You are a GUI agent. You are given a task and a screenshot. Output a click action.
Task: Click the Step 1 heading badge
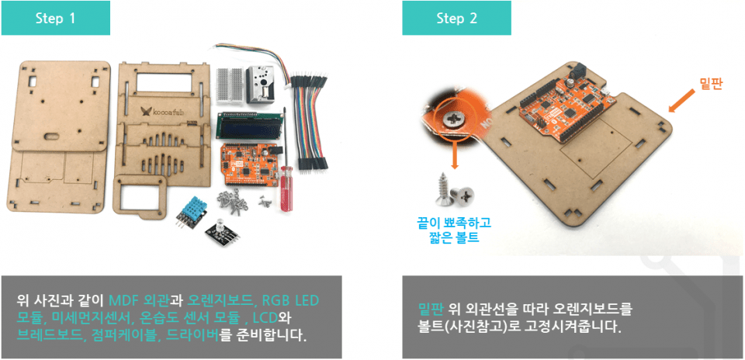tap(56, 18)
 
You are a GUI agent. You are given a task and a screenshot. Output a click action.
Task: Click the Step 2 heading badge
tap(456, 18)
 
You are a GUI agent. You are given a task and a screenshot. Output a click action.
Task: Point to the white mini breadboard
tap(230, 85)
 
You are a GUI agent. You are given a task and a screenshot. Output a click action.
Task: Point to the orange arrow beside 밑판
tap(682, 100)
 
